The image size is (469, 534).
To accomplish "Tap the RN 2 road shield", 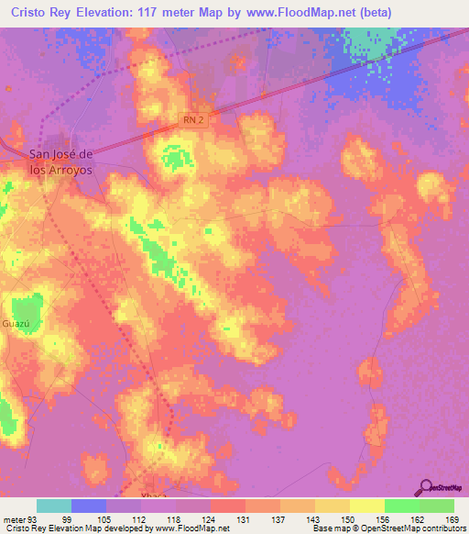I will [190, 119].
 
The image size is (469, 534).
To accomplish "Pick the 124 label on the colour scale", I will [210, 519].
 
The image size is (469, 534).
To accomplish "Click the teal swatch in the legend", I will [54, 506].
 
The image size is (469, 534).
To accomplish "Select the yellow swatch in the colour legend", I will [366, 506].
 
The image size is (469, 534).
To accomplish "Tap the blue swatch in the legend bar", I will [89, 506].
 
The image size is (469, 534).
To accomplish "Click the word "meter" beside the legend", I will [16, 519].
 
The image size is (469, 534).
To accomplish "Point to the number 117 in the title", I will [174, 13].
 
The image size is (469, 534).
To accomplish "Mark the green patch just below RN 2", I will [171, 154].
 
